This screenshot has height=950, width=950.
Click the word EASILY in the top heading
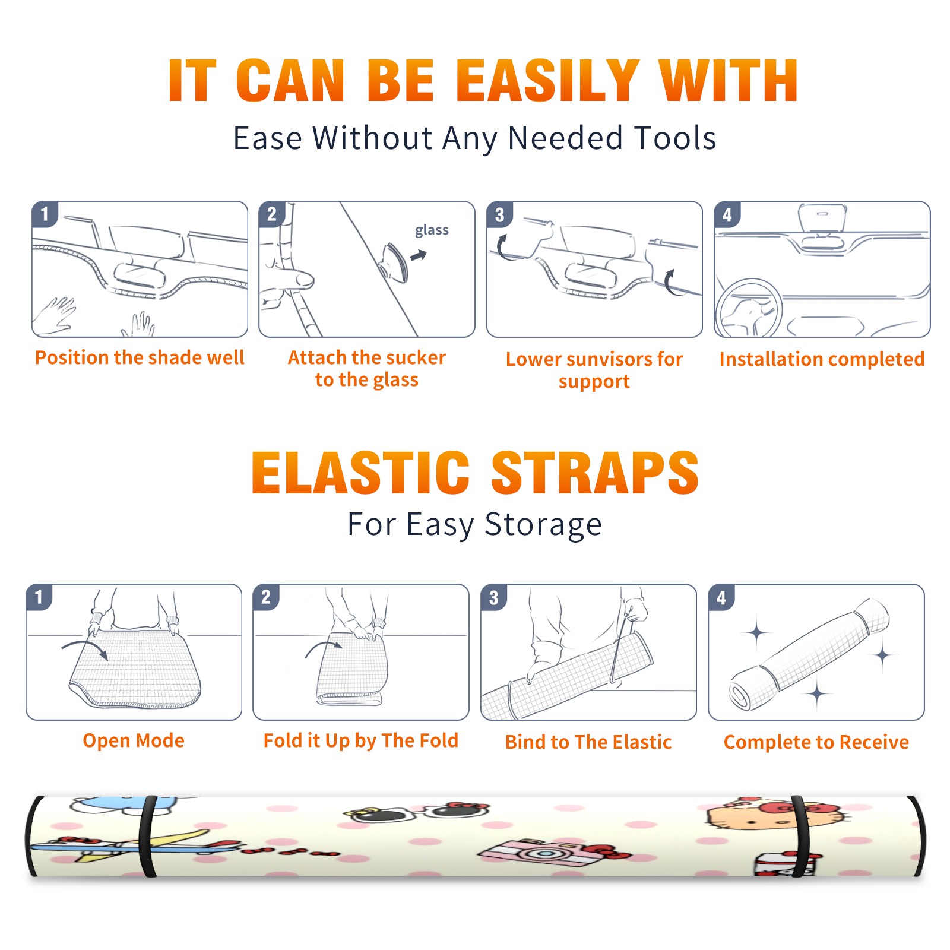(x=547, y=81)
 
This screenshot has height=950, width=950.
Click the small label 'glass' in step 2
(x=432, y=230)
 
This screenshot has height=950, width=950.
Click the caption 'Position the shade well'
(x=140, y=357)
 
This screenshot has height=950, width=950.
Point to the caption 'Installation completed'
(x=822, y=359)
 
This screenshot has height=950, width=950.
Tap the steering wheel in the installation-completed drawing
(x=749, y=308)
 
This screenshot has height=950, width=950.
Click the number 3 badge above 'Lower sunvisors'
(x=499, y=214)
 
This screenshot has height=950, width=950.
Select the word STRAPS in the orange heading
(x=595, y=473)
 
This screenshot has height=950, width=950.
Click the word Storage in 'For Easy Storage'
(x=543, y=525)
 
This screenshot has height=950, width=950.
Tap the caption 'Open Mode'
(x=134, y=740)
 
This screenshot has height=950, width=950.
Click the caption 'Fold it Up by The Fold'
(x=361, y=741)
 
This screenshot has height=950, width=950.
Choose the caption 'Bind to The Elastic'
(x=588, y=742)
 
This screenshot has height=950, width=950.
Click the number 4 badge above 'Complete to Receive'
(x=721, y=597)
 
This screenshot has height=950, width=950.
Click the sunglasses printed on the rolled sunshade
(x=417, y=812)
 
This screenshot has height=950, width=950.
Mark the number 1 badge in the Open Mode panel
(x=39, y=597)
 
